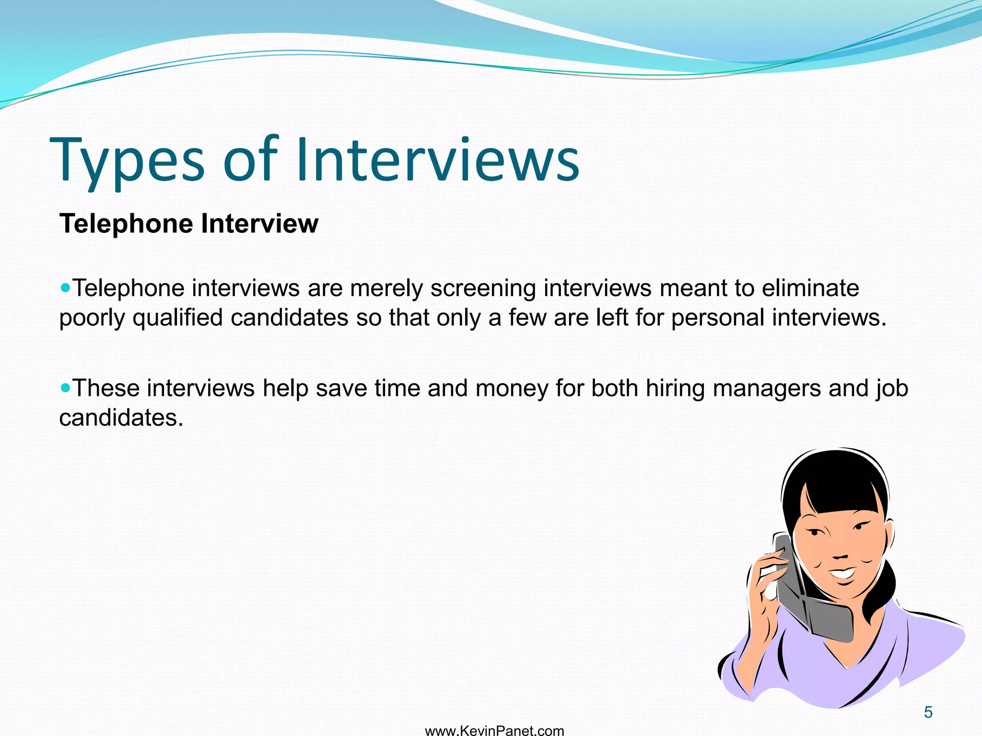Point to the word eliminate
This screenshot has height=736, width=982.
pos(810,288)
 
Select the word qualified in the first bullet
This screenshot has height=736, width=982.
pos(178,318)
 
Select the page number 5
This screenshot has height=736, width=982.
pos(928,713)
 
